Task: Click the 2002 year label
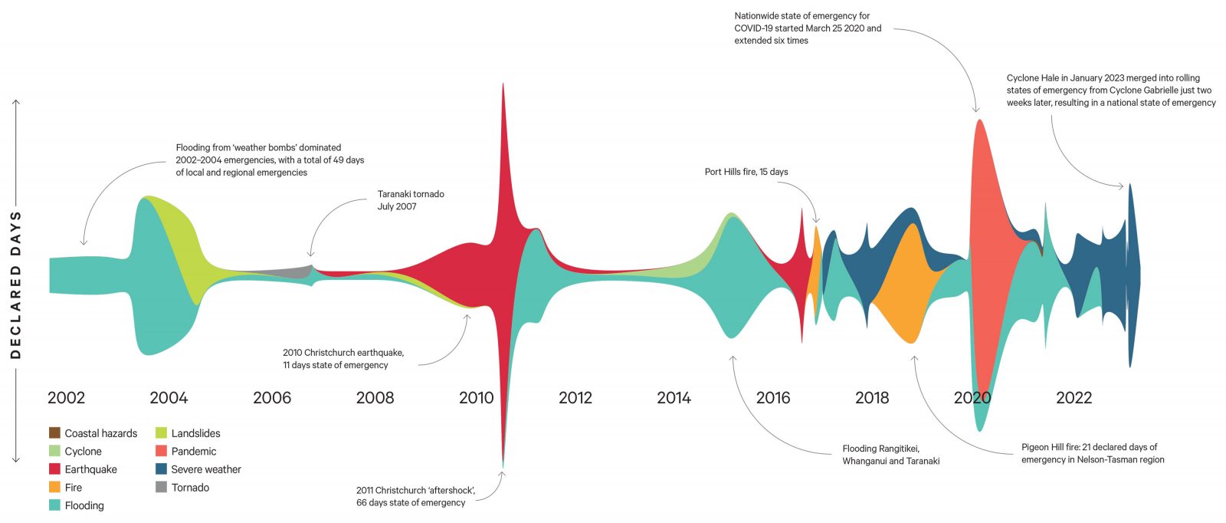click(x=66, y=397)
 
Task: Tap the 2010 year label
click(x=476, y=397)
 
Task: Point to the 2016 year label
click(x=772, y=397)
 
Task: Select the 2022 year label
click(x=1074, y=397)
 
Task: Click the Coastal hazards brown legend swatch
click(x=54, y=433)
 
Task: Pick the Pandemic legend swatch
click(x=161, y=452)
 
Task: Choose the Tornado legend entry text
click(x=190, y=488)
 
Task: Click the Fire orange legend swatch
click(x=54, y=488)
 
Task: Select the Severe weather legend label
click(x=205, y=469)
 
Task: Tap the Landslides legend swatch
click(x=161, y=433)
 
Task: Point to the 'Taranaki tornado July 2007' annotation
click(x=411, y=200)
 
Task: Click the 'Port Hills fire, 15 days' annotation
click(x=746, y=172)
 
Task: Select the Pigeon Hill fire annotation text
click(x=1093, y=453)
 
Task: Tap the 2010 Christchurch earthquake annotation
click(x=343, y=359)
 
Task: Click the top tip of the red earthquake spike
click(x=503, y=84)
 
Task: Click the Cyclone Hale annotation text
click(x=1111, y=90)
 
